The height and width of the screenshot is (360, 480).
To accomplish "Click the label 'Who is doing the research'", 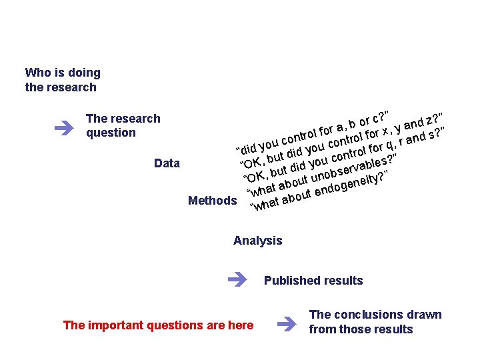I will point(62,80).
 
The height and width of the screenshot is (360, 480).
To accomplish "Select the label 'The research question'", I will point(123,125).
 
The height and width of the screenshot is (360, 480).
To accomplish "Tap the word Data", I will point(167,163).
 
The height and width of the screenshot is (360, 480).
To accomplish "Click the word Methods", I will point(212,201).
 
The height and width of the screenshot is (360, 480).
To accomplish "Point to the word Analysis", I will point(257,241).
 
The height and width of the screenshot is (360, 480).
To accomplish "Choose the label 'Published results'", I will point(313,281).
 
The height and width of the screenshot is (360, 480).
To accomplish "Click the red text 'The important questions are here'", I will point(158,325).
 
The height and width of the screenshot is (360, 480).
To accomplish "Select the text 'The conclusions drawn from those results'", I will point(375,322).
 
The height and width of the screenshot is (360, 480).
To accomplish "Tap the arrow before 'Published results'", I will point(237,280).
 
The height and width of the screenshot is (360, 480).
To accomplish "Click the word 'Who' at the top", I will point(37,73).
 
